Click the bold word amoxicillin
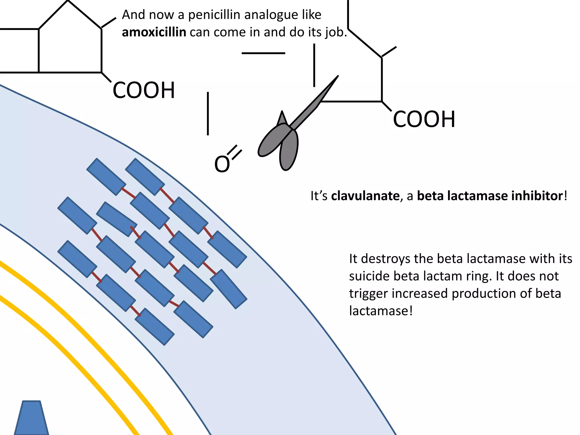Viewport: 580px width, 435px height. pos(154,32)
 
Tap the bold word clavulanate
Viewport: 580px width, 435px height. pos(365,196)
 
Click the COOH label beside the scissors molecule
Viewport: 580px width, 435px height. pos(424,120)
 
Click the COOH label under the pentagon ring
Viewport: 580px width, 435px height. pos(144,91)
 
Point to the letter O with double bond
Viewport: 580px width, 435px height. pos(222,164)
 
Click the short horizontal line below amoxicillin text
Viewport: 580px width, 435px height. pos(263,53)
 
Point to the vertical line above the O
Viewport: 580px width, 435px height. pos(208,113)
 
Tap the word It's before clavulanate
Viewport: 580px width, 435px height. pos(319,196)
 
